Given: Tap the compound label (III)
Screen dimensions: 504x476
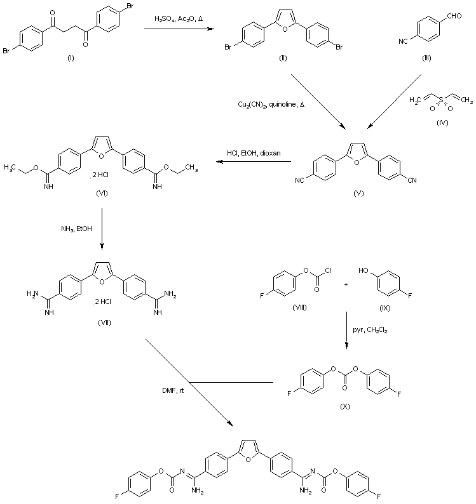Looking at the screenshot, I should (426, 58).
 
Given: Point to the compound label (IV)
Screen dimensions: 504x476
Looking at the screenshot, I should (440, 123).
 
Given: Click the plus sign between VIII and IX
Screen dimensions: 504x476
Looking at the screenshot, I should (346, 284).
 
